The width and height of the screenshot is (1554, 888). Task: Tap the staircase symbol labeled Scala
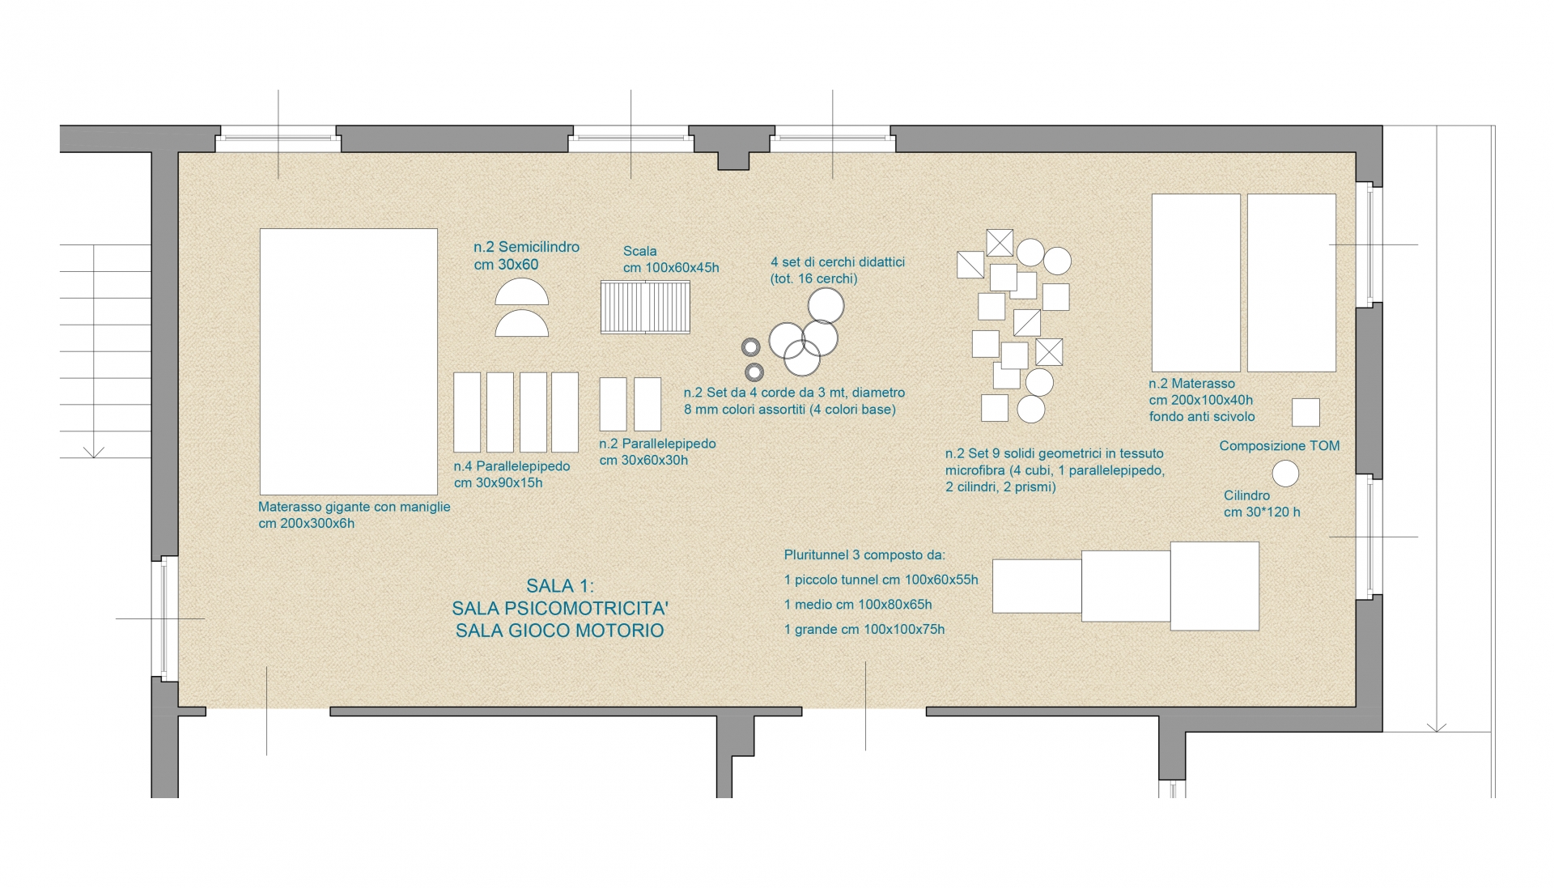(645, 307)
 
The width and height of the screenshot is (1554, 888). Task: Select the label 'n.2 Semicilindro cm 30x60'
(527, 256)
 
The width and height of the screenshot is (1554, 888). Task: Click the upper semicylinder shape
(522, 291)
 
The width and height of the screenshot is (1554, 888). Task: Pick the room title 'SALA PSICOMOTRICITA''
(560, 608)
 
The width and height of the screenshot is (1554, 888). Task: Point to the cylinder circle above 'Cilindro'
(1285, 474)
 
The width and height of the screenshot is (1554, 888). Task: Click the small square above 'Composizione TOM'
(1306, 412)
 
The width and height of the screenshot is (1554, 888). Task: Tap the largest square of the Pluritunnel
(1215, 586)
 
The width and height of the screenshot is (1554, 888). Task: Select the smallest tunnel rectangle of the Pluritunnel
(1037, 586)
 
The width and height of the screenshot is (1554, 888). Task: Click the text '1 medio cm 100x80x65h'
(858, 605)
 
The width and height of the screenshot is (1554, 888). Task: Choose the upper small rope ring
(750, 347)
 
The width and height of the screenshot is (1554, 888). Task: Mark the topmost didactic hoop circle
(826, 306)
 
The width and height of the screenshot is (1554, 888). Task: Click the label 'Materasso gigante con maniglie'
(355, 507)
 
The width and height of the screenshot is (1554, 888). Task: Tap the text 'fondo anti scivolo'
(1202, 417)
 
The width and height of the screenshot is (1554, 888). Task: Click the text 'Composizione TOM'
(1280, 446)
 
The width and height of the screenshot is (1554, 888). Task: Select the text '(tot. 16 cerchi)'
(813, 278)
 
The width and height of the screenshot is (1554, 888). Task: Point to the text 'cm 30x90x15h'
(498, 483)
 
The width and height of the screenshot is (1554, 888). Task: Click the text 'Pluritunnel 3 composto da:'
(864, 555)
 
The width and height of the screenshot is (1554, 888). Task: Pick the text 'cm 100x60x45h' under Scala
(671, 268)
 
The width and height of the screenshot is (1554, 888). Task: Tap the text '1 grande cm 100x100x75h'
(864, 630)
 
